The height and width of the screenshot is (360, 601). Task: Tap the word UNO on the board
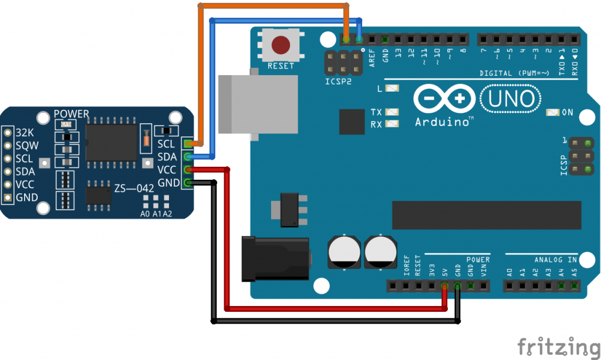pyautogui.click(x=509, y=100)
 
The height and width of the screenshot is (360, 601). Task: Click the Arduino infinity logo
pyautogui.click(x=443, y=100)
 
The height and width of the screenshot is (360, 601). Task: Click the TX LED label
pyautogui.click(x=377, y=112)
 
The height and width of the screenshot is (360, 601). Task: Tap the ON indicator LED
pyautogui.click(x=552, y=112)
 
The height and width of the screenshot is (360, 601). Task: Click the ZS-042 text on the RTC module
pyautogui.click(x=134, y=188)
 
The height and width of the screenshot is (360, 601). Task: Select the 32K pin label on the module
pyautogui.click(x=25, y=132)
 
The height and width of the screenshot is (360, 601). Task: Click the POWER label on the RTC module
pyautogui.click(x=71, y=114)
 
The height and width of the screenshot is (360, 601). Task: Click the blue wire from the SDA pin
pyautogui.click(x=212, y=88)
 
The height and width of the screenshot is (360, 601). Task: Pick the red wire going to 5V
pyautogui.click(x=227, y=247)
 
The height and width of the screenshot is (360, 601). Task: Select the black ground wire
pyautogui.click(x=214, y=258)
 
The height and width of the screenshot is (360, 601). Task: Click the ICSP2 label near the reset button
pyautogui.click(x=339, y=82)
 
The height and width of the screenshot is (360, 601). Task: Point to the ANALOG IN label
pyautogui.click(x=555, y=260)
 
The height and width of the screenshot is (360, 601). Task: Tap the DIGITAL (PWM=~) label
pyautogui.click(x=514, y=73)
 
